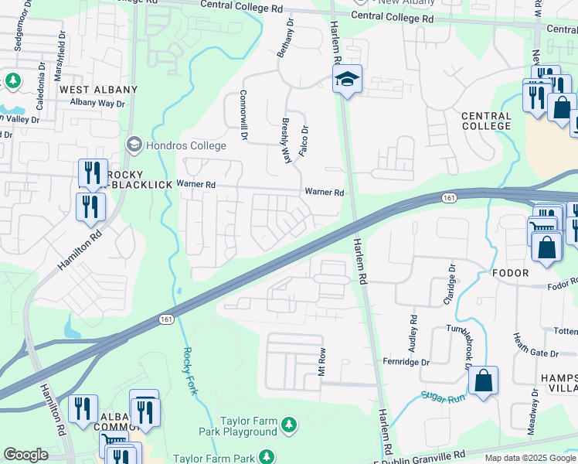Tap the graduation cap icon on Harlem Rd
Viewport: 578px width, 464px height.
pos(347,78)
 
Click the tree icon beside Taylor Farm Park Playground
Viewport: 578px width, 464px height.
pos(289,424)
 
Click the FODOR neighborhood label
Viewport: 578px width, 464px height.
pos(510,273)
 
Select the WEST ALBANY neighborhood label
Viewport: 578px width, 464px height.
pos(98,90)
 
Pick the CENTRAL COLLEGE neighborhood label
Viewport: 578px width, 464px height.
pos(486,121)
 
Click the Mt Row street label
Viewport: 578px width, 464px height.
pos(322,361)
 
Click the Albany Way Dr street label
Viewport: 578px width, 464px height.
pos(97,103)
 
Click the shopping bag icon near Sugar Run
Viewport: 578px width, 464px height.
pos(483,381)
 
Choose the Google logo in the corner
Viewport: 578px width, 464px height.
pos(26,455)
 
